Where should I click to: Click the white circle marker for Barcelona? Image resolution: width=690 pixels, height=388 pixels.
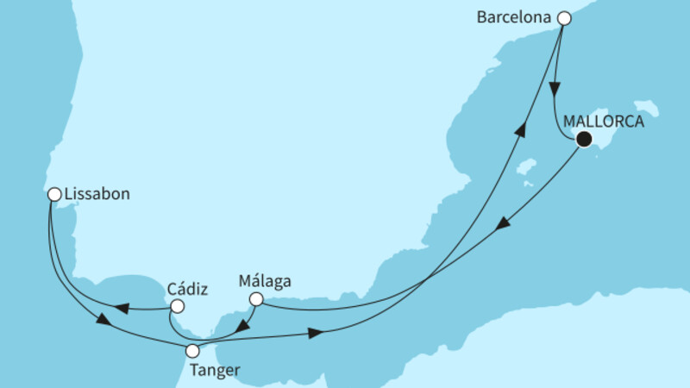[x=564, y=17]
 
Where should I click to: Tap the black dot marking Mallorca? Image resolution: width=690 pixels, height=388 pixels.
[x=584, y=140]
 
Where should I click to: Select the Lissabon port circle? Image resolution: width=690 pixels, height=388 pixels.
[x=53, y=195]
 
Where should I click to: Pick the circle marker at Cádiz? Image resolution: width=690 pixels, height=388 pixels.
[x=177, y=306]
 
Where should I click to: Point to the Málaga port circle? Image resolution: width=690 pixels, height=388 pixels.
[x=256, y=300]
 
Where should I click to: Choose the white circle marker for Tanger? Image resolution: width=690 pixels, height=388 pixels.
[x=193, y=351]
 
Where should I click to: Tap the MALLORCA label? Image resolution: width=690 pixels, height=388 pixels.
[x=603, y=122]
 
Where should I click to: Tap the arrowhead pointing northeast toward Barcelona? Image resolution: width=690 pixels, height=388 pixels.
[x=520, y=128]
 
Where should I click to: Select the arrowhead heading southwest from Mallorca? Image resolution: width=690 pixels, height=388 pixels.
[x=502, y=223]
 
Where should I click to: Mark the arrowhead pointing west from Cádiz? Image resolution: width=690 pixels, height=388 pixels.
[x=122, y=308]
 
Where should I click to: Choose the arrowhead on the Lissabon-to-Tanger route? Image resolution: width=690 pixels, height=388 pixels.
[x=103, y=321]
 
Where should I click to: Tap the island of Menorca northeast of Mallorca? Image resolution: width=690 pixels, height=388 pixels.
[x=645, y=110]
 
